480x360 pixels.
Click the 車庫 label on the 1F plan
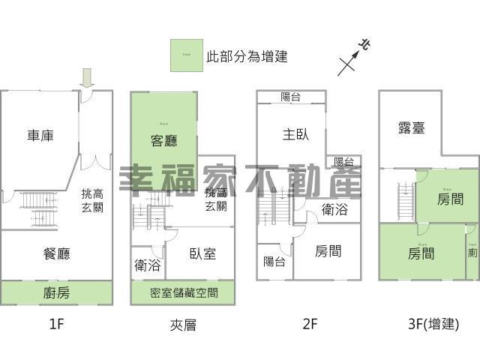coord(40,136)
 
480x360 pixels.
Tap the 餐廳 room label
coord(57,254)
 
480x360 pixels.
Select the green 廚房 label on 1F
coord(57,292)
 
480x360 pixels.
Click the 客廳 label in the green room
coord(163,140)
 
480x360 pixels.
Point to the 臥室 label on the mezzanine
coord(203,253)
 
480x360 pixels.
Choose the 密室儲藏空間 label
coord(183,292)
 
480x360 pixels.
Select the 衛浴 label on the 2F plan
coord(334,210)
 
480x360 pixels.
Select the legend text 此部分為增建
coord(247,56)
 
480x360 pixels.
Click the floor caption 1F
coord(57,324)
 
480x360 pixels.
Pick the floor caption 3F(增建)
coord(433,324)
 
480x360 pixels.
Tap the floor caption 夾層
coord(183,325)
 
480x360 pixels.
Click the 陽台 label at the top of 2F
coord(291,97)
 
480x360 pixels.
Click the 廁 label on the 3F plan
coord(472,253)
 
